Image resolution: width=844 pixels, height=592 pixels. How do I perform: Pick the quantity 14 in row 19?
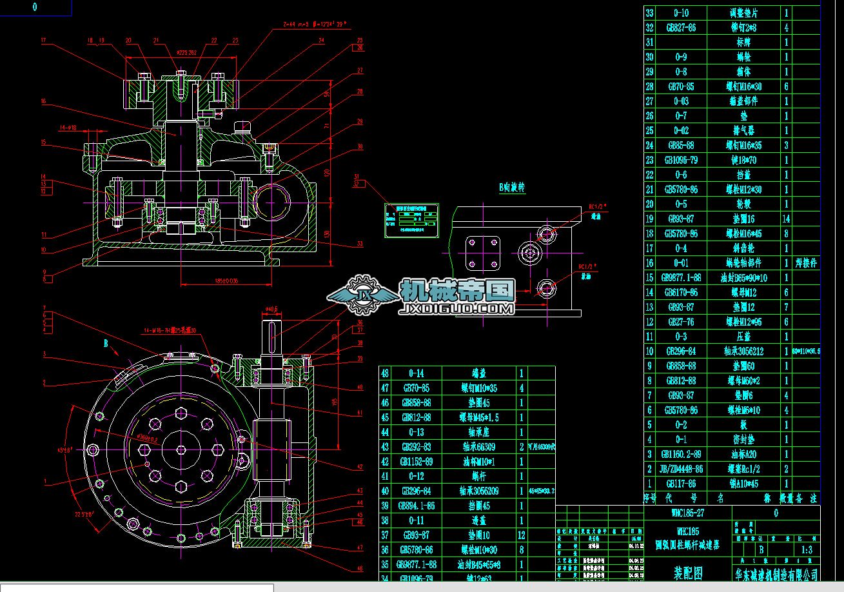(786, 219)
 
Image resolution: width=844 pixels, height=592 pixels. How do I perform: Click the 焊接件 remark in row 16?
(806, 263)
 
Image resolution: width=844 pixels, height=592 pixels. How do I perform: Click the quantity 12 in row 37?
(521, 535)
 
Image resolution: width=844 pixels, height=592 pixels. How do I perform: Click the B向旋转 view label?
(512, 188)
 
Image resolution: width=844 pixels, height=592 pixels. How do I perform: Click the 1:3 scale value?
(806, 550)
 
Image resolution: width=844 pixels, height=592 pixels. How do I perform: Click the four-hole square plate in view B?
(484, 252)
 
